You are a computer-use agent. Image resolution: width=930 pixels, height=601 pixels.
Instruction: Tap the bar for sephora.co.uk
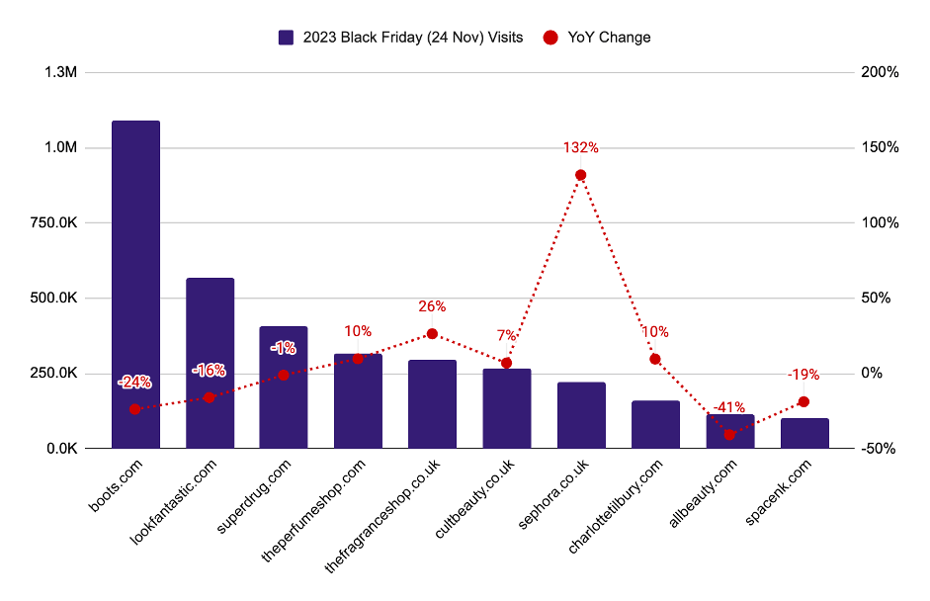tap(581, 415)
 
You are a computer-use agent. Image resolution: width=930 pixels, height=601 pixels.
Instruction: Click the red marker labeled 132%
tap(581, 175)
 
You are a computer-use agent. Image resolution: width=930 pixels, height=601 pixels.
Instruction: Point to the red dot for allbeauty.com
tap(730, 435)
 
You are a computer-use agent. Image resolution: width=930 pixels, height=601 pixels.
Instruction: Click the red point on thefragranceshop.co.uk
tap(432, 334)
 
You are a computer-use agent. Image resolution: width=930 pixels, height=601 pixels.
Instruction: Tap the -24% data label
tap(134, 382)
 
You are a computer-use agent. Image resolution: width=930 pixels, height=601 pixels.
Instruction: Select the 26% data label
tap(432, 306)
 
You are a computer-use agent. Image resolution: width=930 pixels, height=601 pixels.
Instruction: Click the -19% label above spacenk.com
tap(803, 375)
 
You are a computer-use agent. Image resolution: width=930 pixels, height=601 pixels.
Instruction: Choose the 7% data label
tap(506, 336)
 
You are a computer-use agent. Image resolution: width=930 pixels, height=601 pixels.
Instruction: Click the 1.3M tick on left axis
tap(61, 73)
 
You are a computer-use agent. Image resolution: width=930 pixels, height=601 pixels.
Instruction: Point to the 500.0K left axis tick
tap(55, 299)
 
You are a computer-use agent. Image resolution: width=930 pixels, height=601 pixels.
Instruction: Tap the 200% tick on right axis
tap(880, 73)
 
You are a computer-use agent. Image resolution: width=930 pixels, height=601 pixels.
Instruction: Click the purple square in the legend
tap(287, 38)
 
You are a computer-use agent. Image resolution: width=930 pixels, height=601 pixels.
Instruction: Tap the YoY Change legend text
tap(609, 38)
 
